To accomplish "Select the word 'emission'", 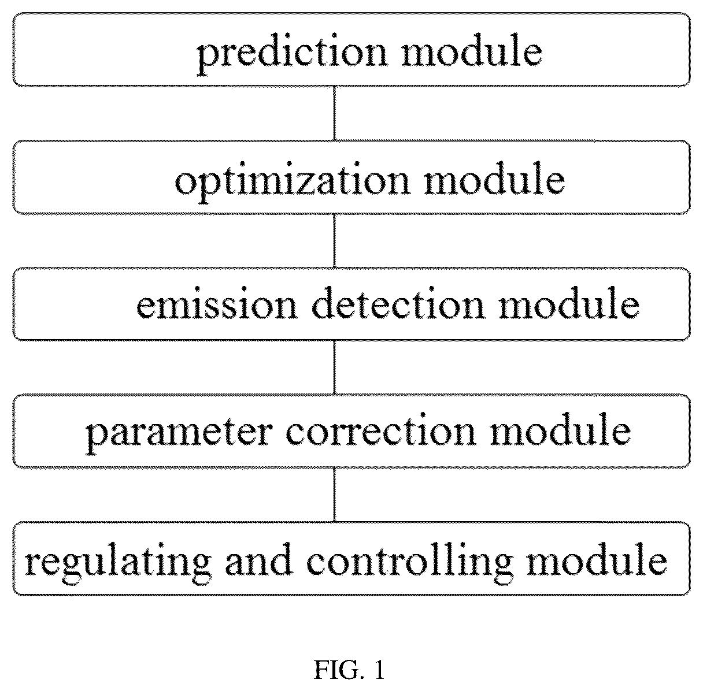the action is [x=217, y=303].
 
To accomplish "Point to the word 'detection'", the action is [x=398, y=303].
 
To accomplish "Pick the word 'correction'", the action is [x=381, y=430].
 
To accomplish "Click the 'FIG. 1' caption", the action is [x=349, y=669].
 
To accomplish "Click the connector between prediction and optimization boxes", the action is [x=334, y=113].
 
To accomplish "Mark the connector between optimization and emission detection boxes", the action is [x=334, y=241].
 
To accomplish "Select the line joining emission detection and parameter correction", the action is [x=334, y=367].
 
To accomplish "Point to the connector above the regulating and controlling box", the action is [x=334, y=495].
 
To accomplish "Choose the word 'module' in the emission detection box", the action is [x=569, y=303].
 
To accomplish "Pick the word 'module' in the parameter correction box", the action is [x=560, y=429].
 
